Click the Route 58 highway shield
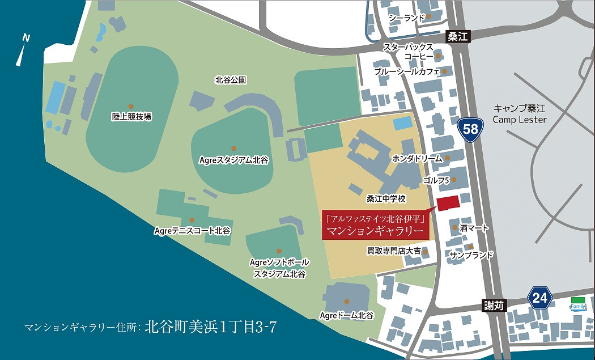pos(470,129)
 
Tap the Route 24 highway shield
pos(541,297)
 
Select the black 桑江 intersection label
pos(457,37)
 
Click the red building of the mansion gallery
pos(447,202)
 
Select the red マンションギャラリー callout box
pos(375,225)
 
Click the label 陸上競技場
pos(131,117)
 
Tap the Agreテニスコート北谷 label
pos(192,231)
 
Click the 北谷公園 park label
pos(231,81)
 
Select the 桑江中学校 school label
pos(386,198)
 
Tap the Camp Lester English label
pos(520,120)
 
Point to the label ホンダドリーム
pos(416,159)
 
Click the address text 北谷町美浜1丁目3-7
pos(210,327)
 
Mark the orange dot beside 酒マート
pos(455,227)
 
